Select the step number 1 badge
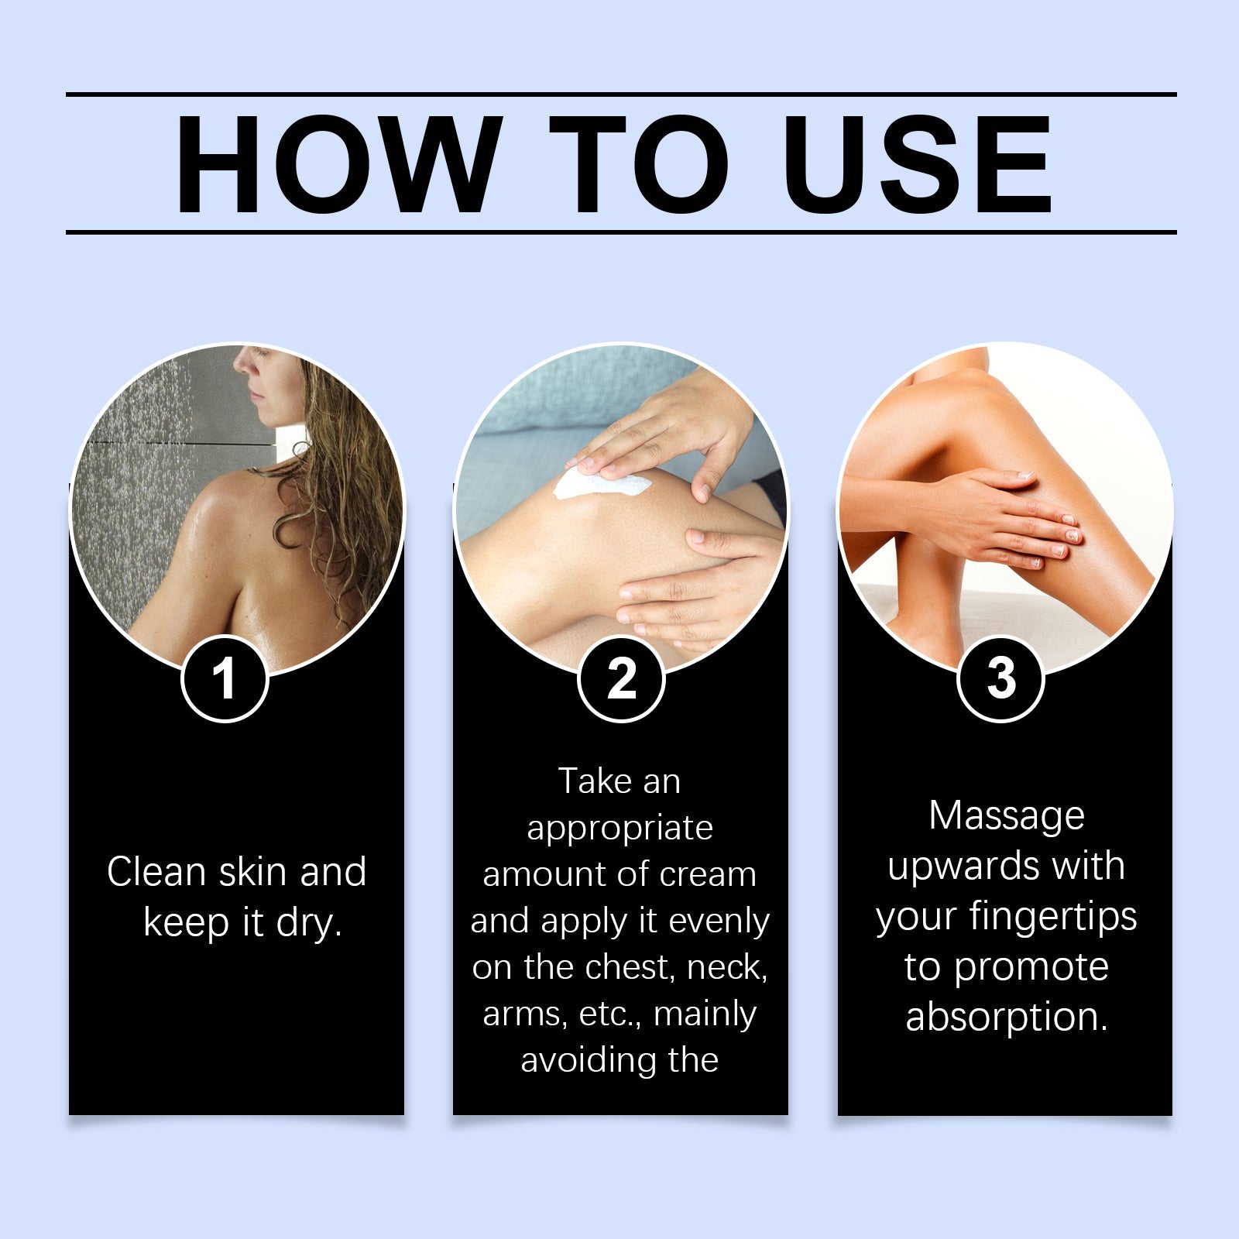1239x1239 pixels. click(225, 679)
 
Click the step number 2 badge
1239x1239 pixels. click(621, 679)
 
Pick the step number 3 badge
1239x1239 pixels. click(1001, 679)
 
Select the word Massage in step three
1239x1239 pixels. click(1007, 815)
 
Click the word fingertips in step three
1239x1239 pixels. click(1053, 917)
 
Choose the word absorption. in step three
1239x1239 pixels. click(1007, 1018)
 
